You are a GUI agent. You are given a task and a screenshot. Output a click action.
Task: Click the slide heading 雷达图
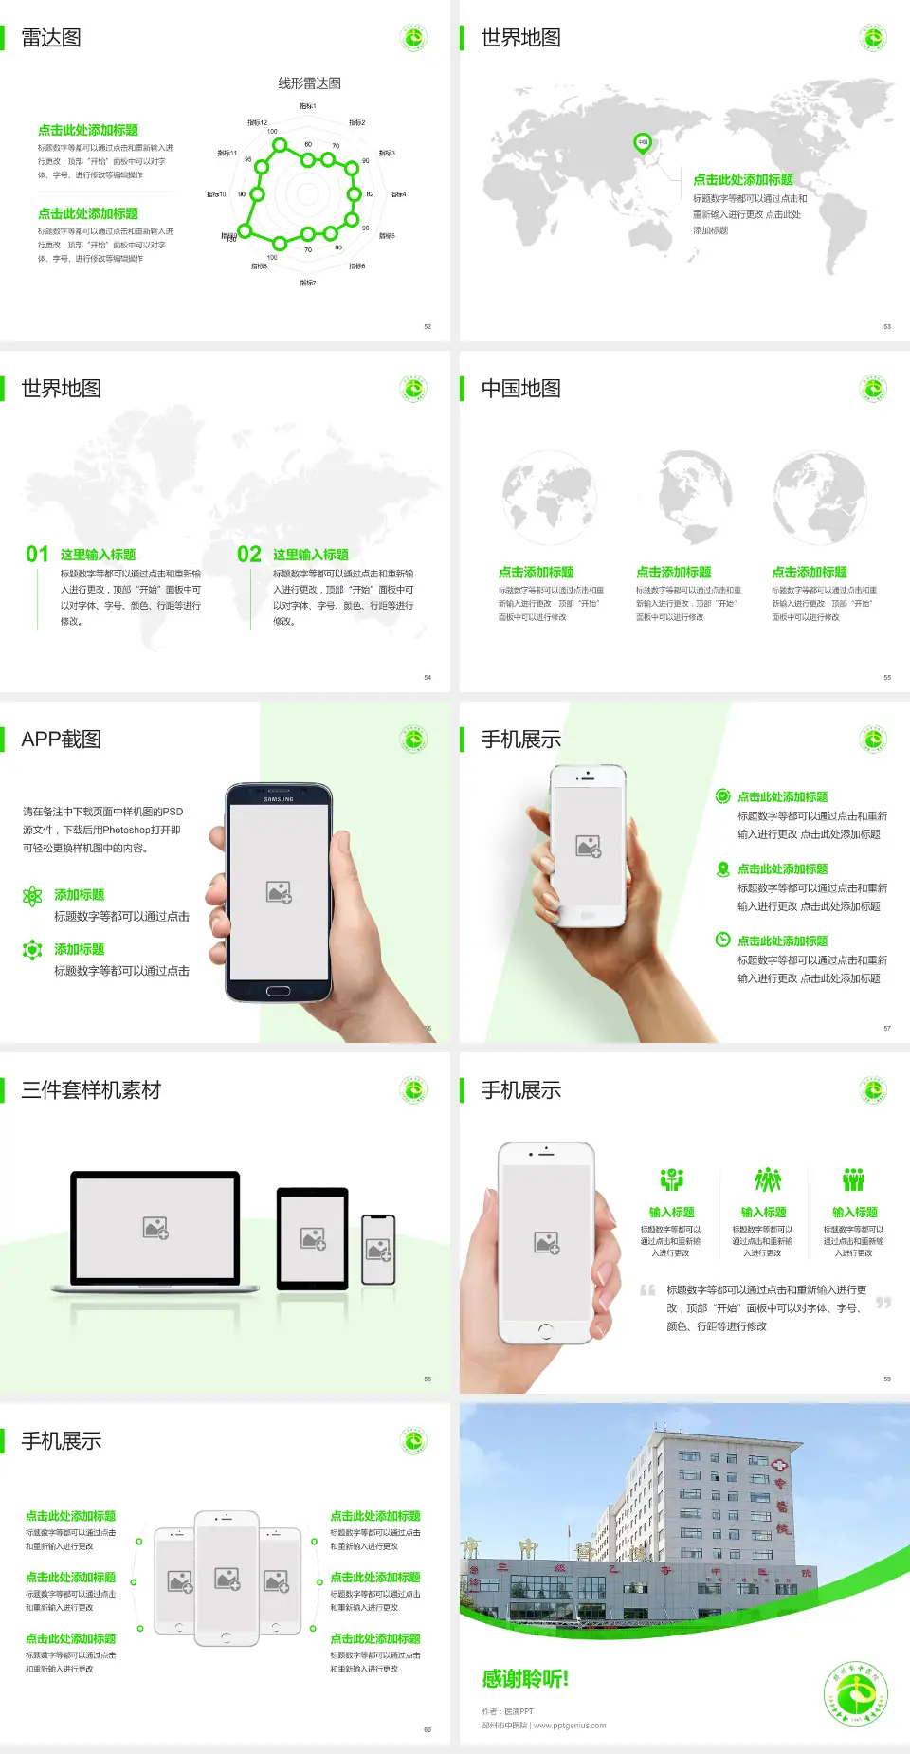click(x=51, y=38)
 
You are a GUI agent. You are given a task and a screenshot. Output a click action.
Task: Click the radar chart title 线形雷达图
click(x=309, y=83)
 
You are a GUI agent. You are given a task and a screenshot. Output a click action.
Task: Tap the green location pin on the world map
click(x=643, y=143)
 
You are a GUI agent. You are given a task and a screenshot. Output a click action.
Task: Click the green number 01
click(x=37, y=555)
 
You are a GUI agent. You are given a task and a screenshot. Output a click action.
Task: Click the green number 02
click(x=249, y=555)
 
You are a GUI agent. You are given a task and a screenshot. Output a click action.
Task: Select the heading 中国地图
click(x=520, y=389)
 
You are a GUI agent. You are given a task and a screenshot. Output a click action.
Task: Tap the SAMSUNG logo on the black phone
click(x=279, y=799)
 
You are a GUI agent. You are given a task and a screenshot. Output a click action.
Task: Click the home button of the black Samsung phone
click(x=278, y=991)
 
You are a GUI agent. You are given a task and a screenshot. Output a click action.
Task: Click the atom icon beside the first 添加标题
click(x=32, y=896)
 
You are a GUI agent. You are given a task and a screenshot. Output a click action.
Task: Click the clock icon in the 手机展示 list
click(x=722, y=940)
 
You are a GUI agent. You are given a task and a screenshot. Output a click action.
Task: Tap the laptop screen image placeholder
click(x=155, y=1228)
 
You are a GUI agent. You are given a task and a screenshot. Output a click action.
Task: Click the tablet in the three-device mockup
click(x=313, y=1238)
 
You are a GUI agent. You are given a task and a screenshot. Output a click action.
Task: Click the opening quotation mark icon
click(x=647, y=1289)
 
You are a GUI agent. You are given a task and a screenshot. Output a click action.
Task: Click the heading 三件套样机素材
click(x=91, y=1090)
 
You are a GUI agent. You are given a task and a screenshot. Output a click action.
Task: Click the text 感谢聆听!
click(x=525, y=1679)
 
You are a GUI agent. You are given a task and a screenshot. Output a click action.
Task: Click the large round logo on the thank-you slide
click(x=857, y=1693)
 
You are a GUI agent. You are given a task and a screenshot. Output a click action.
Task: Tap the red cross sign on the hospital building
click(x=780, y=1463)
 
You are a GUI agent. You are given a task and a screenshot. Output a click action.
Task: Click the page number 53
click(x=887, y=327)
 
